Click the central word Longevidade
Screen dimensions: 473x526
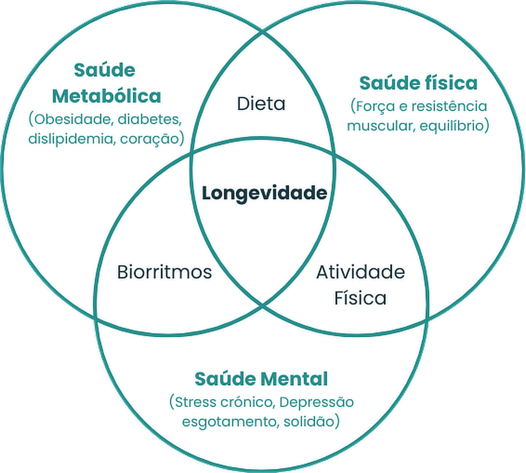[x=264, y=193]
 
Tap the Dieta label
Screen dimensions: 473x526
[x=261, y=104]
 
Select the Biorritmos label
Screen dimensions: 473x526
[x=164, y=272]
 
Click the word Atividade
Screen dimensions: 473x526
[x=360, y=272]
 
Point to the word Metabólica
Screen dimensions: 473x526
[x=107, y=96]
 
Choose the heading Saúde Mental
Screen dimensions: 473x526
[x=261, y=379]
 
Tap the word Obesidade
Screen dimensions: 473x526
[x=72, y=120]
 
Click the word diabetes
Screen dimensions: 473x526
[x=149, y=120]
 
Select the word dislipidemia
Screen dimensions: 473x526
[x=71, y=139]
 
